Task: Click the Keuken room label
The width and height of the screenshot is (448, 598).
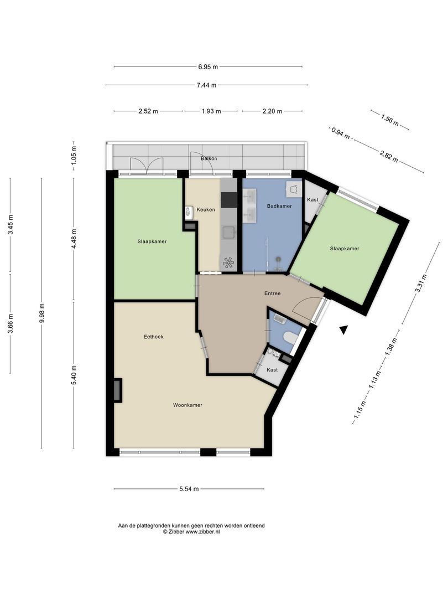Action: [x=206, y=209]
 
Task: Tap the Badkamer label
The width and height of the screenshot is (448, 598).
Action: [x=279, y=206]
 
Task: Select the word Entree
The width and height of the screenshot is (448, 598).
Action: [x=272, y=293]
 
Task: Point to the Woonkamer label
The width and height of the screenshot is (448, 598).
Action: [x=187, y=405]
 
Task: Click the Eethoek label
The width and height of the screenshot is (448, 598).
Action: [x=154, y=337]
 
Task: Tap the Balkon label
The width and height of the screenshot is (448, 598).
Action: [x=209, y=158]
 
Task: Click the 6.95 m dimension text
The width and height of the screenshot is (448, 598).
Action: [x=208, y=67]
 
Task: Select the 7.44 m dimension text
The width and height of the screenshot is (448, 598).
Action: [x=206, y=85]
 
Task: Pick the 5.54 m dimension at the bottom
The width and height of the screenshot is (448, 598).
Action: [x=189, y=489]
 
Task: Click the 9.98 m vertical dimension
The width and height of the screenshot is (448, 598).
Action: [x=42, y=313]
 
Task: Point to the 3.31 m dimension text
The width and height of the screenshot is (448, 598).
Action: [x=421, y=283]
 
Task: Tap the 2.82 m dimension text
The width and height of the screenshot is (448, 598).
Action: [x=389, y=156]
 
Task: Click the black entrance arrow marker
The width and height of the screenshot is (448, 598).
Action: [x=344, y=330]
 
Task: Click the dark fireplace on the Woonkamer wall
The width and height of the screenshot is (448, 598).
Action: [x=118, y=390]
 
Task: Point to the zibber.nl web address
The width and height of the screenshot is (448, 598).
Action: [x=202, y=532]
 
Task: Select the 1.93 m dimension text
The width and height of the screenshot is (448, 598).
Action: [x=211, y=111]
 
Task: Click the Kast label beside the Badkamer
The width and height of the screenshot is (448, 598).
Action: [x=312, y=200]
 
